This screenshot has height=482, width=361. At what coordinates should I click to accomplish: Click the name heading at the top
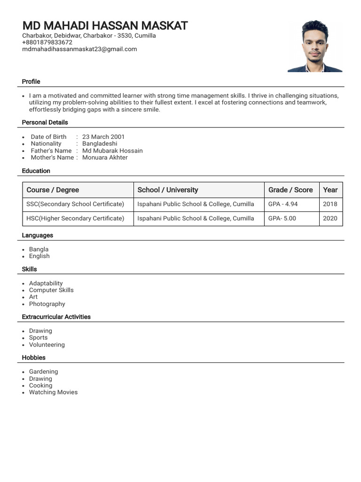click(x=105, y=25)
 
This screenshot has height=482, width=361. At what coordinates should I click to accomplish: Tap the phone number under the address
click(x=47, y=42)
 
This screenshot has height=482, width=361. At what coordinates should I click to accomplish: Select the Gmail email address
click(x=79, y=49)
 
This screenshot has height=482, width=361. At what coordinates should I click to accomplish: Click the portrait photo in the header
click(x=315, y=46)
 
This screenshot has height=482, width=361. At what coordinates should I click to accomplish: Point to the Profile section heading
click(x=31, y=81)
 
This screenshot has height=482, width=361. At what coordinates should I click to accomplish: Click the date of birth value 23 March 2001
click(x=103, y=137)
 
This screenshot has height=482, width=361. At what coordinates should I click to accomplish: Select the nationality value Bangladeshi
click(x=100, y=144)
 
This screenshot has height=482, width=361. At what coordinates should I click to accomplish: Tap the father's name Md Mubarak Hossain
click(x=112, y=151)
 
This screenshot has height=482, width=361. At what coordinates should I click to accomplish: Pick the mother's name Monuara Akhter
click(x=105, y=157)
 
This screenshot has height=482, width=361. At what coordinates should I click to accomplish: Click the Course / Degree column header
click(x=53, y=190)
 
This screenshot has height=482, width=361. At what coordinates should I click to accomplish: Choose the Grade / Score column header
click(x=290, y=190)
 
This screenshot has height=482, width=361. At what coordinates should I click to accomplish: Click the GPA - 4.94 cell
click(x=283, y=204)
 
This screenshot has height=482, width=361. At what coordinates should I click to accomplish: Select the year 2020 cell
click(x=330, y=218)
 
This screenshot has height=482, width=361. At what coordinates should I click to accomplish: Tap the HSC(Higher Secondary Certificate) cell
click(x=75, y=218)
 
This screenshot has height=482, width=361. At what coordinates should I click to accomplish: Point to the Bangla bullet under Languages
click(x=39, y=249)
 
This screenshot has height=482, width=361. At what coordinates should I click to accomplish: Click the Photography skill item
click(x=47, y=304)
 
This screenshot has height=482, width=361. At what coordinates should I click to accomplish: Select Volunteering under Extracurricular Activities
click(x=47, y=345)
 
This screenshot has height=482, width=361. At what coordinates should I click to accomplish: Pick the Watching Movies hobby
click(x=53, y=392)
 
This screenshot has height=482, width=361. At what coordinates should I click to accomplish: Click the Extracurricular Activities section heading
click(x=56, y=317)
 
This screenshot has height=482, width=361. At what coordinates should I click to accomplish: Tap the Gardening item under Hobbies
click(x=43, y=372)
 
